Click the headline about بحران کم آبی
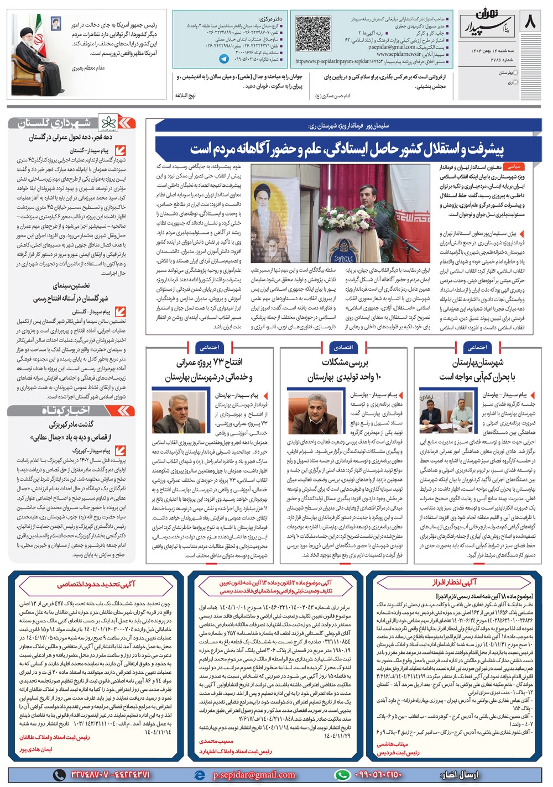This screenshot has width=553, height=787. pos(477,370)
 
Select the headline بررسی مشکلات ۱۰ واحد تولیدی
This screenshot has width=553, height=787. pos(343,370)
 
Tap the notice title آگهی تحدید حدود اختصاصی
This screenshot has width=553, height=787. pos(96,584)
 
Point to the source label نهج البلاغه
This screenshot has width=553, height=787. pos(185,95)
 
